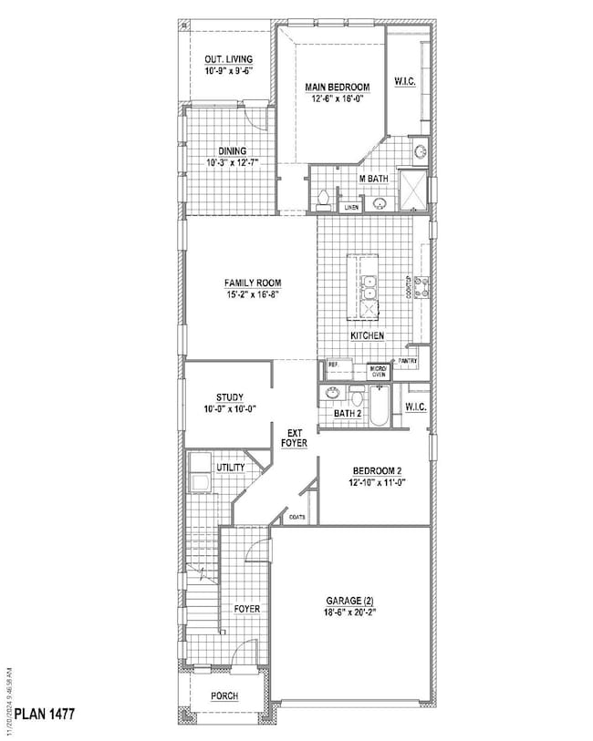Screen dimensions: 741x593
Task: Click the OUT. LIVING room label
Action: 228,60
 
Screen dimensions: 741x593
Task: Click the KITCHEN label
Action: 368,336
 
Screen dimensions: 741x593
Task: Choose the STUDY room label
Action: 229,396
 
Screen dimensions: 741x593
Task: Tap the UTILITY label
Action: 230,467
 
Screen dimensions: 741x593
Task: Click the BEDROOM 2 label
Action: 376,471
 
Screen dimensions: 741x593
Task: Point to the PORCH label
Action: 224,696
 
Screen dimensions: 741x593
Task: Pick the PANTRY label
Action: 408,361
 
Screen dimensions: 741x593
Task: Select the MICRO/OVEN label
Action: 378,371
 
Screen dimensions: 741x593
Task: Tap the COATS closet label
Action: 296,517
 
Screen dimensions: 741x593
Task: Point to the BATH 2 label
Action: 349,413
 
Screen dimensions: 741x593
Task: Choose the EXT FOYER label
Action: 295,437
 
